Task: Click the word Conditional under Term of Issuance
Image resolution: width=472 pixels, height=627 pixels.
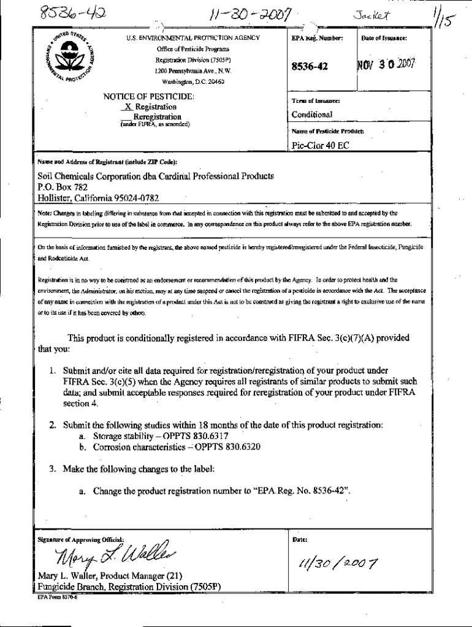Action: pos(312,115)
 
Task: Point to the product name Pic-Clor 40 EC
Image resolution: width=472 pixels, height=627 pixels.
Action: pos(321,146)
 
